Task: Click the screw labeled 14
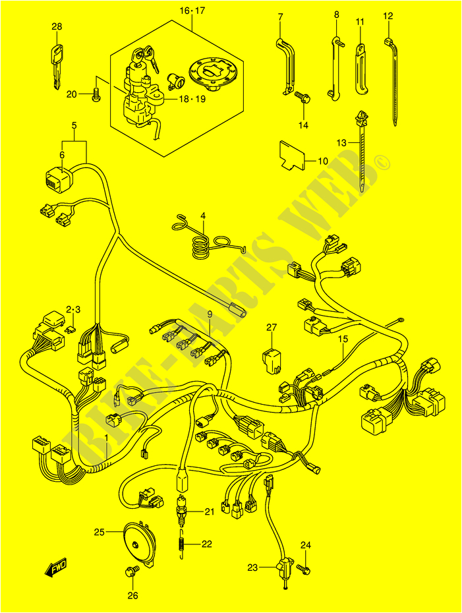point(302,98)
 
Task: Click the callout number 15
point(343,339)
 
